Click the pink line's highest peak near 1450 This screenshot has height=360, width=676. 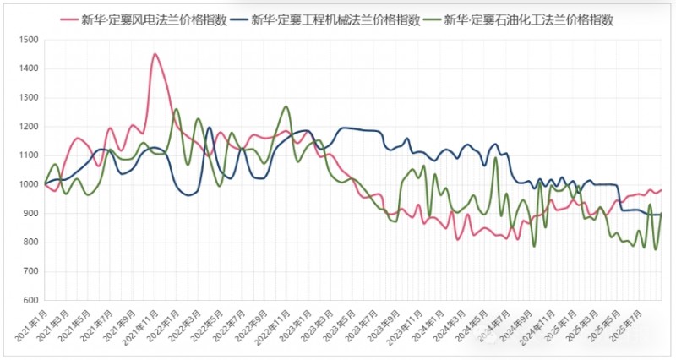155,54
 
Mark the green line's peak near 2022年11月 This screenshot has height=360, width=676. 286,106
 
